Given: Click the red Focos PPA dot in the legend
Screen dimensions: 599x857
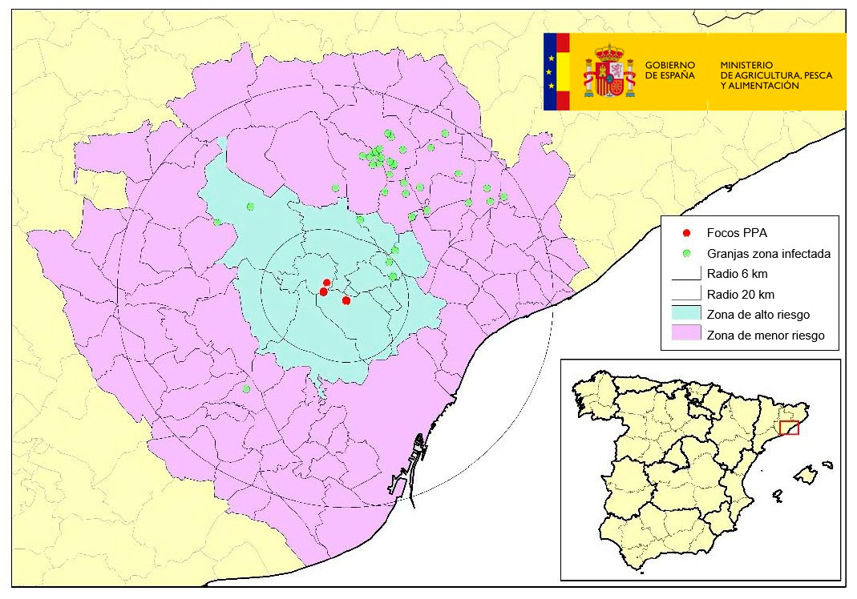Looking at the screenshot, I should tap(685, 233).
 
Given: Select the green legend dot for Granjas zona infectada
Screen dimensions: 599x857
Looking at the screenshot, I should tap(685, 254).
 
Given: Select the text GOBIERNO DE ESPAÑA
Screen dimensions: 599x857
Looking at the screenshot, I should tap(670, 70).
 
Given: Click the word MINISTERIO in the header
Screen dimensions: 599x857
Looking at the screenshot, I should tap(746, 64).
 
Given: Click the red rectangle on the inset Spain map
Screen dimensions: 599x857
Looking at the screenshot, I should tap(789, 428).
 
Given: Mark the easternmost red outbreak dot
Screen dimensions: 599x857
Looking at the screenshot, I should tap(346, 300).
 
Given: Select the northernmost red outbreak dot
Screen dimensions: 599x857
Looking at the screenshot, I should tap(326, 283).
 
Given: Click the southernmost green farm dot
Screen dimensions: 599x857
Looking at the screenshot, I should tap(246, 389).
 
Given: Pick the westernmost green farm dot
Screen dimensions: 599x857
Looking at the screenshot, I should tap(217, 222).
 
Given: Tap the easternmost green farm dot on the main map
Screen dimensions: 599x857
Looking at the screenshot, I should tap(503, 196).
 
